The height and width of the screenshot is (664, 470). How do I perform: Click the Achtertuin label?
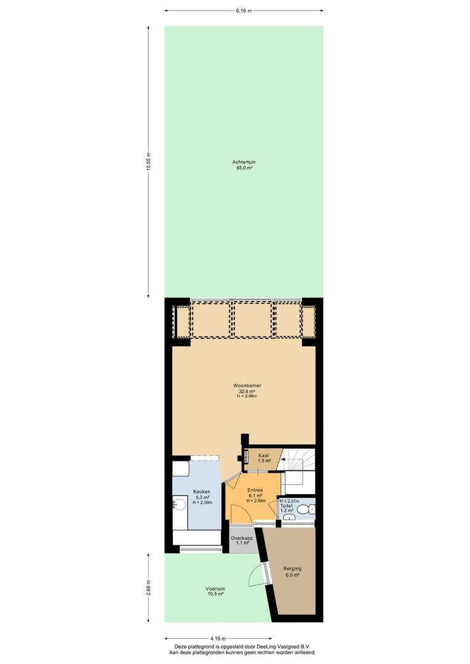point(244,162)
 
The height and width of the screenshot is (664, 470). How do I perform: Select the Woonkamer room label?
point(247,385)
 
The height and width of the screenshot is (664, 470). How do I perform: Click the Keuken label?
point(202,492)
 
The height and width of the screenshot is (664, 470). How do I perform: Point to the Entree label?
point(255,491)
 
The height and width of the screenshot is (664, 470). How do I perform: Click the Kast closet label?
point(264,456)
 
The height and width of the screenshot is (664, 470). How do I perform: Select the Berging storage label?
point(292,569)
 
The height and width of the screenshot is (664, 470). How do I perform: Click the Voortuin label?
point(215,588)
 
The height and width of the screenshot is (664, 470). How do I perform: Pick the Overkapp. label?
point(242,538)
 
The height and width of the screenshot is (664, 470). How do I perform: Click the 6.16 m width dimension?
point(244,10)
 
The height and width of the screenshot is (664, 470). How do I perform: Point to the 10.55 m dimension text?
point(148,161)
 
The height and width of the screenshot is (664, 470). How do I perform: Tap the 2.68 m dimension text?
point(148,587)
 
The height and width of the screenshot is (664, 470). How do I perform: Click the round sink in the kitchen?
point(179,505)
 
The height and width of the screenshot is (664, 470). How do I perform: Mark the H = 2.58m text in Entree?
point(256,500)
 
